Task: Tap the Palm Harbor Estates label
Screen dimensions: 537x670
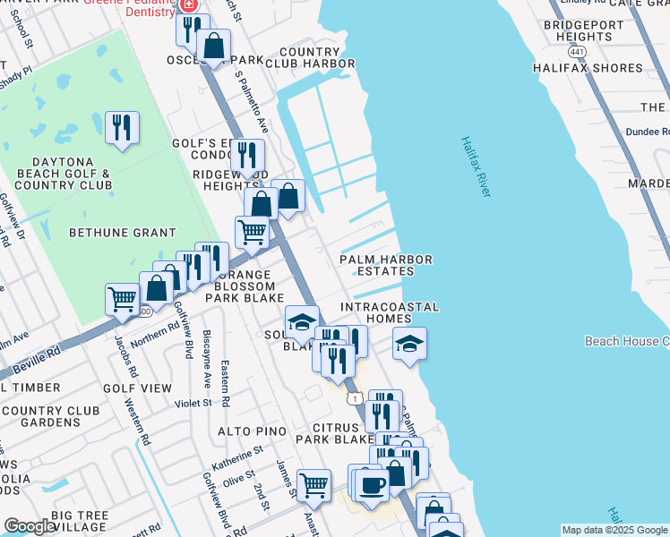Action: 386,265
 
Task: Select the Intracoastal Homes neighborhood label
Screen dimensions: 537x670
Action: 391,313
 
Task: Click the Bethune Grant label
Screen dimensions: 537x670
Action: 123,233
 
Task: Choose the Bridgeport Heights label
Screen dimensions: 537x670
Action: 577,30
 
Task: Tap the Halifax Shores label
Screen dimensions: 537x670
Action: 588,68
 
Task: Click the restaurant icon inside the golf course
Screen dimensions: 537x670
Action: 122,127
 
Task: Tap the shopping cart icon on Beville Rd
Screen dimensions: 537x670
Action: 122,298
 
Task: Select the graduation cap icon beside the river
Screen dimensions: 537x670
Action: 408,343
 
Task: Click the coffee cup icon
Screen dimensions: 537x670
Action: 371,484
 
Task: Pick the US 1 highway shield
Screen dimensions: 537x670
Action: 356,397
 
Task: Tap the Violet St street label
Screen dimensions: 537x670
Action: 193,403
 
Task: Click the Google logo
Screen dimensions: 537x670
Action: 30,526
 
